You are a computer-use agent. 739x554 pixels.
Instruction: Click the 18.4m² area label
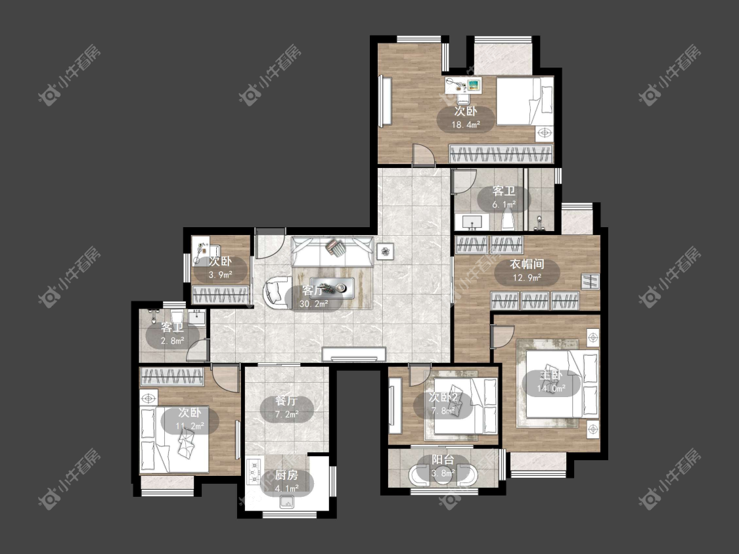coord(466,125)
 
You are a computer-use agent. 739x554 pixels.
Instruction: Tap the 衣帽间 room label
coord(527,265)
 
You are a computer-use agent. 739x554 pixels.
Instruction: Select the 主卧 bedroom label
coord(551,375)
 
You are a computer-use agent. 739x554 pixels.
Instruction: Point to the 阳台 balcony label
coord(443,459)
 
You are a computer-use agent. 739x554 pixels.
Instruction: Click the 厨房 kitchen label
coord(286,476)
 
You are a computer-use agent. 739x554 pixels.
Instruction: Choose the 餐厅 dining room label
coord(286,401)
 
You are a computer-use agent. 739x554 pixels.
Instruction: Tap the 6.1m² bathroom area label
coord(504,204)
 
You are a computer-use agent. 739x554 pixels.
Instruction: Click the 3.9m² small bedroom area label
coord(221,274)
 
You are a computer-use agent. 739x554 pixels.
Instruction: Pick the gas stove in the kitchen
coord(254,471)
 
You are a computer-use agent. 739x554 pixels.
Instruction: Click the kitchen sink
coord(286,502)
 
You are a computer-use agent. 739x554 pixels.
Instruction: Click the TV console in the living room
coord(354,354)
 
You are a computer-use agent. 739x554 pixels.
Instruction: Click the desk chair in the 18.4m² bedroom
coord(464,98)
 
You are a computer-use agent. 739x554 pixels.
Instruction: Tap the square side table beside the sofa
coord(386,251)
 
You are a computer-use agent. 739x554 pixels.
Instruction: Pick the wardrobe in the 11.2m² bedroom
coord(173,377)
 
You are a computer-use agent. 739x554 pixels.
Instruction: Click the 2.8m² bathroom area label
coord(173,341)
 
